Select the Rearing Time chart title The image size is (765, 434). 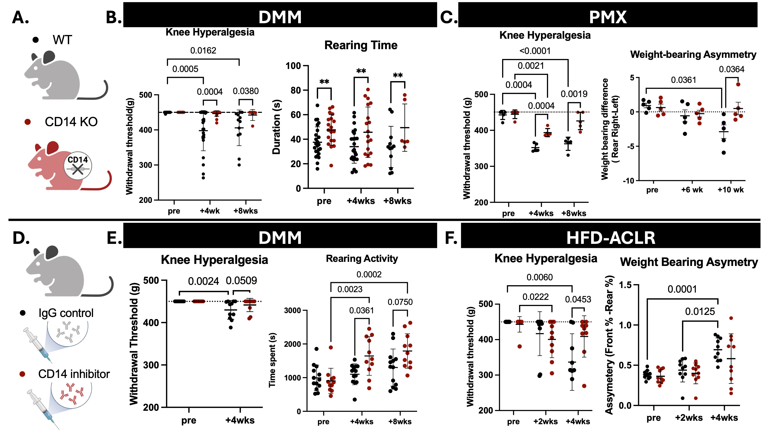point(361,45)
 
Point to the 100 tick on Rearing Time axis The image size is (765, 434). point(293,66)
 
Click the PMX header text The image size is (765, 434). point(608,17)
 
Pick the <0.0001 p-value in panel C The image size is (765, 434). point(535,51)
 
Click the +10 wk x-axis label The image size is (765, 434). point(730,190)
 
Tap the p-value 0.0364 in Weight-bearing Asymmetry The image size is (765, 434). point(731,69)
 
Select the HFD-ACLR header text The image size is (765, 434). point(611,238)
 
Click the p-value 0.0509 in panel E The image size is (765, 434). point(242,281)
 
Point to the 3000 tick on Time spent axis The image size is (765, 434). point(293,310)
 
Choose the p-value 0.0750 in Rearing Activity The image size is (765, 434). point(400,302)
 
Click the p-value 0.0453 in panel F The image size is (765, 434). point(578,299)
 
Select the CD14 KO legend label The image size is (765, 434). point(71,122)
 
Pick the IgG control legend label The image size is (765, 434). point(66,313)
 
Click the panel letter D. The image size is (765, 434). point(21,238)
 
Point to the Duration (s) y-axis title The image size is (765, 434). point(277,127)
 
